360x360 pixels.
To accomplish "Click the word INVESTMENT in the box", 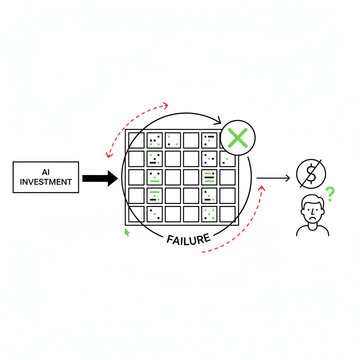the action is tap(46, 182).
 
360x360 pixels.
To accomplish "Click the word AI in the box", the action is tap(46, 172).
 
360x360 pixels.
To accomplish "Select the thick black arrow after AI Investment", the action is tap(100, 178).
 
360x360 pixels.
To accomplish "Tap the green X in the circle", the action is tap(238, 138).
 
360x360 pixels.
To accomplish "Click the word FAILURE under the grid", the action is tap(188, 240).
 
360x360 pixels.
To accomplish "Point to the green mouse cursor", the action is tap(127, 232).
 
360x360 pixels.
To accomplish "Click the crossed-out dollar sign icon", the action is tap(311, 174).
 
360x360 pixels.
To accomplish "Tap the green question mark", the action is tap(330, 194).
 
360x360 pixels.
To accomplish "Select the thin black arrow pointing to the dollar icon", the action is tap(273, 178).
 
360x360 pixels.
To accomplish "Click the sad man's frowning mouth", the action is tap(312, 218).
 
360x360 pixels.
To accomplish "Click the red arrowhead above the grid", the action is tap(165, 105).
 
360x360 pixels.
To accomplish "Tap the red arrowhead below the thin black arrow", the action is tap(262, 188).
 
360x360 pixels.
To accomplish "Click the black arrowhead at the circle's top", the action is tap(218, 121).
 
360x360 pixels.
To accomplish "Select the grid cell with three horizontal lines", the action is tap(209, 177).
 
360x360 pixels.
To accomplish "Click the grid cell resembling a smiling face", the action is tap(155, 177).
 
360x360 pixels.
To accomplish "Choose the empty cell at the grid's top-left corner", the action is tap(136, 140).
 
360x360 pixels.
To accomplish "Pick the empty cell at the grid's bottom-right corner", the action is tap(227, 214).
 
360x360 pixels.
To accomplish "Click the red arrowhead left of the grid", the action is tap(109, 155).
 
